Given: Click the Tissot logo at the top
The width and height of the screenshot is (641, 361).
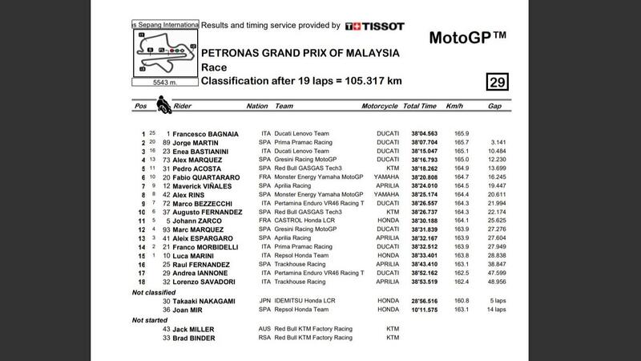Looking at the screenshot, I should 374,26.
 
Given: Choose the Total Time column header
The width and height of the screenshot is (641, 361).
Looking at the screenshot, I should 419,105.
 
